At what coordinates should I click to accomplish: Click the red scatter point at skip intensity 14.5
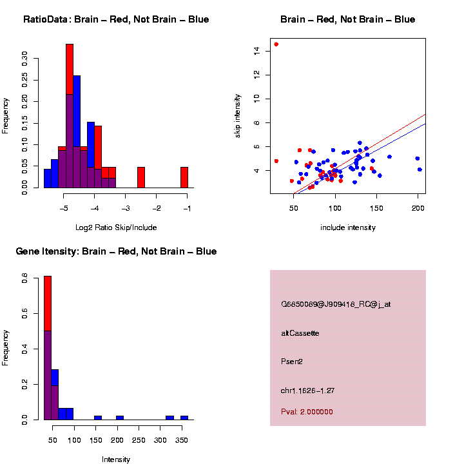[x=276, y=44]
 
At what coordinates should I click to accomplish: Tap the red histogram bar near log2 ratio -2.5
[x=141, y=178]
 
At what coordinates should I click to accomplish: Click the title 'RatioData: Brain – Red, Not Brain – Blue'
[x=116, y=19]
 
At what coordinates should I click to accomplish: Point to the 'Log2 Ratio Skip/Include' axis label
[x=116, y=227]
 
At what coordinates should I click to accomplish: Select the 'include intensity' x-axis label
[x=348, y=227]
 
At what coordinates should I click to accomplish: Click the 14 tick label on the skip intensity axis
[x=256, y=50]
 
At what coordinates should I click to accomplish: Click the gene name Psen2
[x=292, y=362]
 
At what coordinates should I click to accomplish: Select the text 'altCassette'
[x=300, y=333]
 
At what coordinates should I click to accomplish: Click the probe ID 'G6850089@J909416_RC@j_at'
[x=336, y=304]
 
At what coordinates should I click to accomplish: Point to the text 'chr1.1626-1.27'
[x=308, y=391]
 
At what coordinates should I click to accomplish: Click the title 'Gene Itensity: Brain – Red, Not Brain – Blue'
[x=116, y=251]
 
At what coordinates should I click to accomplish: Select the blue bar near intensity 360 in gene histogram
[x=184, y=418]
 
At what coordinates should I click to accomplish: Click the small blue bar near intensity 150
[x=98, y=418]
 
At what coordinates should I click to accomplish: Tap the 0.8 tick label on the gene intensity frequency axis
[x=24, y=279]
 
